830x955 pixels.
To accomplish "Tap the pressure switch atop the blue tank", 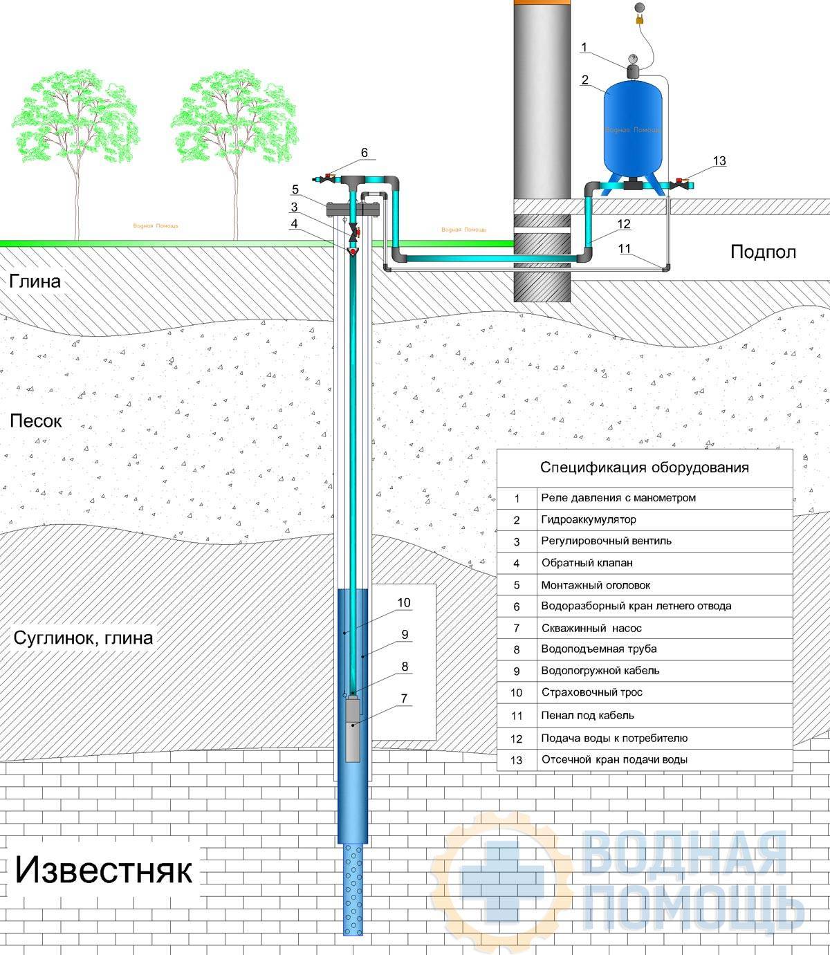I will tap(632, 70).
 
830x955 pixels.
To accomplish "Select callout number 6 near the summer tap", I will tap(365, 153).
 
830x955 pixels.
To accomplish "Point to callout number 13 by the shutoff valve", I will tap(719, 161).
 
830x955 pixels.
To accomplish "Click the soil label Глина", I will tap(35, 281).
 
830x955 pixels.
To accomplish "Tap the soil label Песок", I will tap(36, 420).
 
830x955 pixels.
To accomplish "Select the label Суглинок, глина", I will tap(83, 637).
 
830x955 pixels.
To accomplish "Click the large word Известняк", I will tap(104, 869).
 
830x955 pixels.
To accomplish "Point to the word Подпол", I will tap(763, 252).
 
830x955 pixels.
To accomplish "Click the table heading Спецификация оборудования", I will tap(645, 467).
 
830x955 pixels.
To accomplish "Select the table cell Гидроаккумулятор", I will tap(589, 519).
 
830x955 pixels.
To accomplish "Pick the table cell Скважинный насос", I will tap(591, 629).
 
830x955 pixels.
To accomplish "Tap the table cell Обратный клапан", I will tap(587, 563).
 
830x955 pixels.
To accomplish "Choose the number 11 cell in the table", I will tap(517, 716).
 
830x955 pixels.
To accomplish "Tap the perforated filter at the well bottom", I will tap(353, 889).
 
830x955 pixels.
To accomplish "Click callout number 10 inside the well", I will tap(404, 602).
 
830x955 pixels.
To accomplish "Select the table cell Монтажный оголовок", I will tap(596, 585).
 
